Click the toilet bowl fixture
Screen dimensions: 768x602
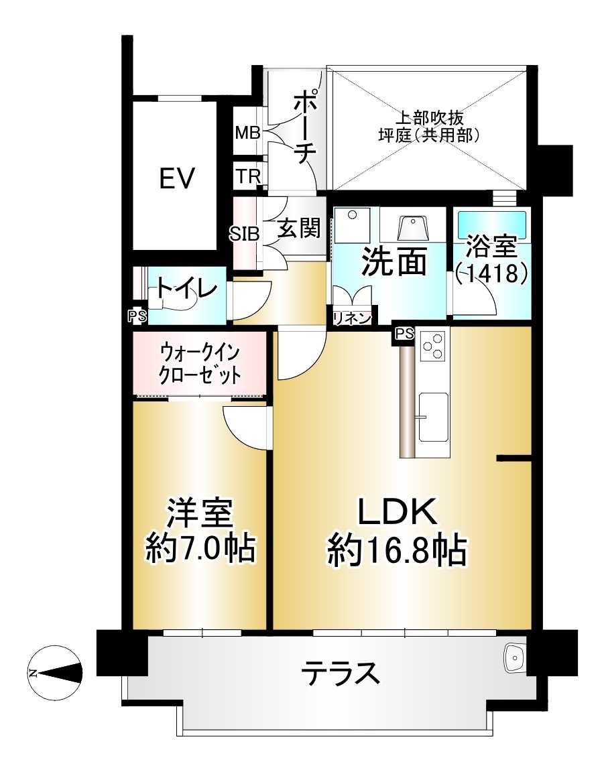click(176, 302)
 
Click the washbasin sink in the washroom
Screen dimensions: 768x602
click(413, 228)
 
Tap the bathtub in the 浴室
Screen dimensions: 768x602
click(492, 224)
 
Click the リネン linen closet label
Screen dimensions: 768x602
click(352, 318)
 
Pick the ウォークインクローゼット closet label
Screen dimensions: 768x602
click(199, 364)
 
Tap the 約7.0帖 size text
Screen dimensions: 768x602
click(200, 550)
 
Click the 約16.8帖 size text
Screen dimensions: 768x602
click(397, 551)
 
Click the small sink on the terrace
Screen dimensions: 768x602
click(516, 659)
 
